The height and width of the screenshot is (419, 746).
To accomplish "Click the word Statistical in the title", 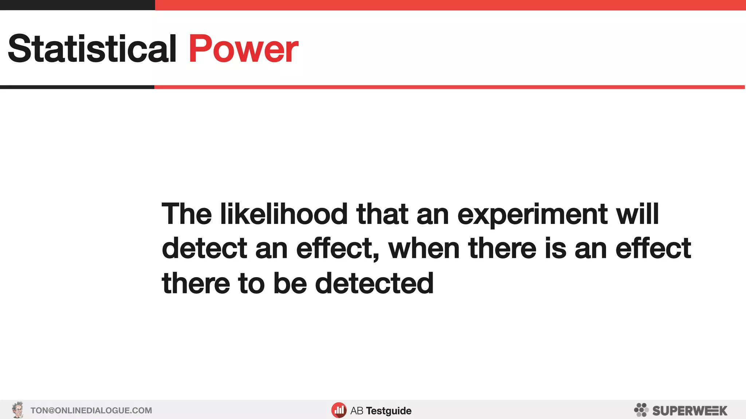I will (92, 49).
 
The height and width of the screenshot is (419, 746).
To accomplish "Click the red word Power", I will (243, 49).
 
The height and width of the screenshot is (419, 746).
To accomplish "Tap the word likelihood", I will (284, 214).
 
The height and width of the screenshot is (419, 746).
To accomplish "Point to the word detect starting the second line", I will (204, 249).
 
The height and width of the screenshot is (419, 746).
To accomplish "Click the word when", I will (424, 249).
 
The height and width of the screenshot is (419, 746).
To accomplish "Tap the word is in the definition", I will (555, 249).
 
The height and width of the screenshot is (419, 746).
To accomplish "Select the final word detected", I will (374, 284).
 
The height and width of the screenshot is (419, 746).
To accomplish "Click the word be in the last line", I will (290, 284).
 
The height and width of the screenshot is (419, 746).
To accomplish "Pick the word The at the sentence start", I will (186, 214).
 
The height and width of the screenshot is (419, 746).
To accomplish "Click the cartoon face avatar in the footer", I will (17, 410).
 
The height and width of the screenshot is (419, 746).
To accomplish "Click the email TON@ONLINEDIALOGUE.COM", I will (91, 411).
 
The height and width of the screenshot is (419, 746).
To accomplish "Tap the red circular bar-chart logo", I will (339, 410).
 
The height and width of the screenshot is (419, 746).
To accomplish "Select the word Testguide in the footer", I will (389, 411).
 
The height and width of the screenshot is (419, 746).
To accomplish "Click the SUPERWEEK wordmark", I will (690, 411).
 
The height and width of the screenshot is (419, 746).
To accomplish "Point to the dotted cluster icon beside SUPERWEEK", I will (641, 410).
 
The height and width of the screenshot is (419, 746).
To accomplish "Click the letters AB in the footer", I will (357, 411).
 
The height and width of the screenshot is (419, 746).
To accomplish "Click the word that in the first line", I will (382, 214).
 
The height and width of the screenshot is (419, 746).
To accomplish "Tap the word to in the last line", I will (251, 284).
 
